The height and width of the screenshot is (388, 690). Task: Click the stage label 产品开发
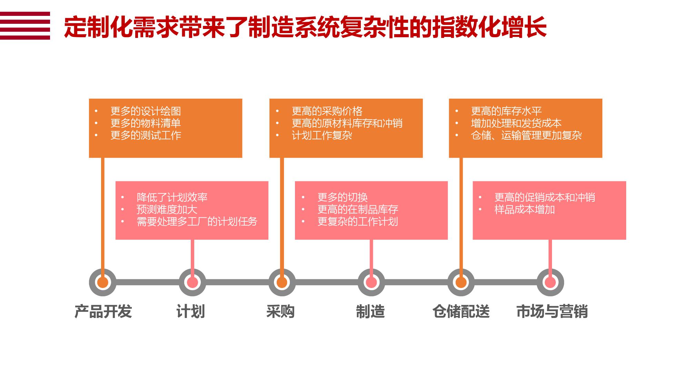point(103,311)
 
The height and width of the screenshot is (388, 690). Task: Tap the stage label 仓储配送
point(461,311)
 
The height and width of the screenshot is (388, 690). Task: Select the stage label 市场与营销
point(552,311)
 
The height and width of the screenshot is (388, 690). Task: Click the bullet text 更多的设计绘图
point(146,111)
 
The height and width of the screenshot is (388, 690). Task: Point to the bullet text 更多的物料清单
point(146,123)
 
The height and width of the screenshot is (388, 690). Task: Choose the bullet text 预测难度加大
point(167,209)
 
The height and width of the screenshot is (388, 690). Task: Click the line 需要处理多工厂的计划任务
point(197,221)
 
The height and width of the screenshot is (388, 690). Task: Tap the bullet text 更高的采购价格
point(327,111)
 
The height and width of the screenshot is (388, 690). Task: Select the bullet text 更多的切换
point(343,197)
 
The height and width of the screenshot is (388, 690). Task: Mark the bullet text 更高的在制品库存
point(358,209)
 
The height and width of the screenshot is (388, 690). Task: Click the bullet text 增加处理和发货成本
point(516,123)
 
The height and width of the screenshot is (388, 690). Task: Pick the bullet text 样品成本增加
point(524,209)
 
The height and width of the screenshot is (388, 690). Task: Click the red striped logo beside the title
point(25,26)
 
